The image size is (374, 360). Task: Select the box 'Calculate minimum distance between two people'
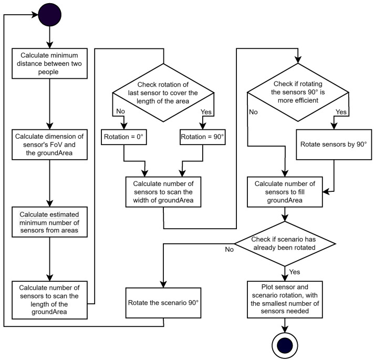click(49, 64)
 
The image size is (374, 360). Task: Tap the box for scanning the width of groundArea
click(163, 191)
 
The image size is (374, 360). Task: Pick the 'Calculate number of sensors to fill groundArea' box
click(285, 191)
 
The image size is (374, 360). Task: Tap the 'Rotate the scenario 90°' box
click(163, 303)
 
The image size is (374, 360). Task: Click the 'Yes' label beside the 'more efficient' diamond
click(341, 112)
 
